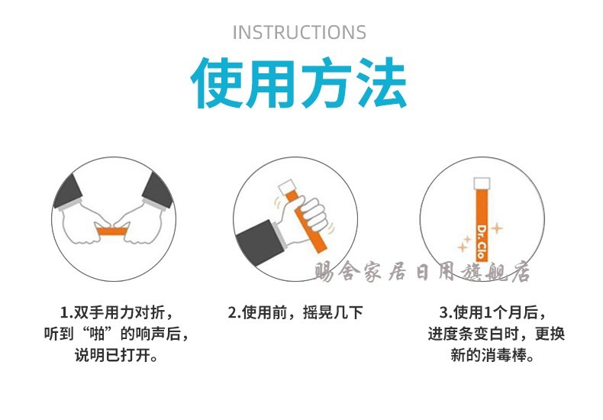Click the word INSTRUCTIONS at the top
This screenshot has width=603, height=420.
(299, 32)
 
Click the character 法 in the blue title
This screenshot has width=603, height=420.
(381, 82)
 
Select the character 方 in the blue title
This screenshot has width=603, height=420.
(327, 82)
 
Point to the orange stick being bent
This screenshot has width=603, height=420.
(111, 231)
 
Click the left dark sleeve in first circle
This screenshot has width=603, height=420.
(69, 191)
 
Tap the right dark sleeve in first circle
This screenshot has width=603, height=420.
(158, 190)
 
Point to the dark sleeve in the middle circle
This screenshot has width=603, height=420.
(259, 241)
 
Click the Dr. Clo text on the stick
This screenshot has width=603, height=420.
(482, 242)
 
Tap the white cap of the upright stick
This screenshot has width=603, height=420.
(482, 183)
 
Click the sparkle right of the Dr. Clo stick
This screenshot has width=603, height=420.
(497, 228)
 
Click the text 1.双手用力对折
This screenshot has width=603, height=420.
(117, 312)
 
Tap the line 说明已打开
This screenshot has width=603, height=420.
(117, 355)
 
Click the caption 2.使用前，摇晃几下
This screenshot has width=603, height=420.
(295, 312)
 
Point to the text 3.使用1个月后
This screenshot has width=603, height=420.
(493, 312)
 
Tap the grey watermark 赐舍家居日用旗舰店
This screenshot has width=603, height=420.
(421, 272)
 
